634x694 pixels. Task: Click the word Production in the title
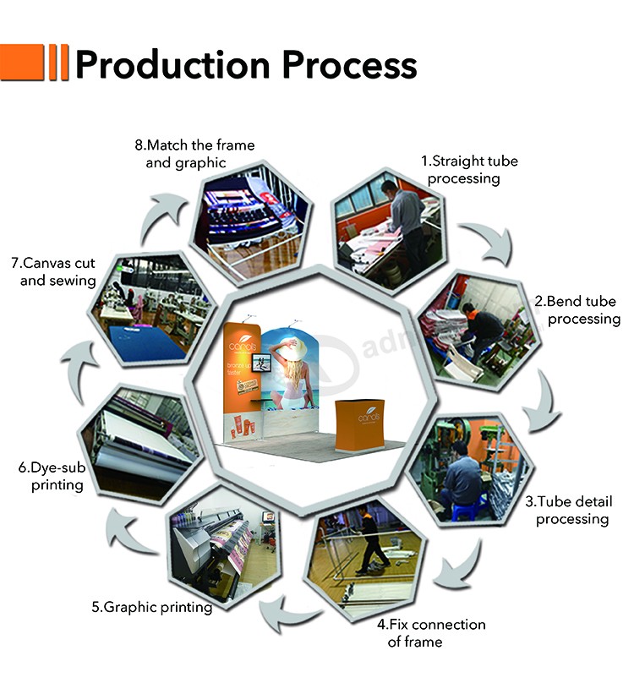coord(172,64)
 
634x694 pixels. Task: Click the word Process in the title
coord(349,64)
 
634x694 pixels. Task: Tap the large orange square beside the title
coord(22,62)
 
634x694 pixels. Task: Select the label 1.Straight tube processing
coord(469,170)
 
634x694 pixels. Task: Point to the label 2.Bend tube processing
coord(577,310)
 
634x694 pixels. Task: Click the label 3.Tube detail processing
coord(570,510)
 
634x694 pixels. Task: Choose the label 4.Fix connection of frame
coord(431,633)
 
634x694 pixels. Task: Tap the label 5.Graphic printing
coord(152,607)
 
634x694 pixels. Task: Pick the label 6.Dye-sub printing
coord(52,476)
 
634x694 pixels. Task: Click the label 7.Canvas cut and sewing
coord(53,271)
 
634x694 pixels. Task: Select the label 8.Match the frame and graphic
coord(194,154)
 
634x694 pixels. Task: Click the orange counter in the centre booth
coord(359,425)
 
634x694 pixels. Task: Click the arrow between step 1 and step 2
coord(491,243)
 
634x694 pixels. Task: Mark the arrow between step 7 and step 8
coord(161,217)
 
